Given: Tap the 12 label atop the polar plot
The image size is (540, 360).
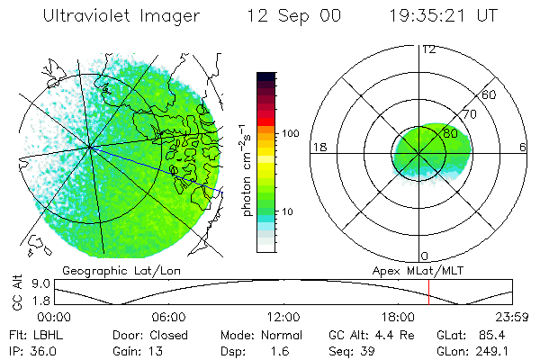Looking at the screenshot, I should coord(428,49).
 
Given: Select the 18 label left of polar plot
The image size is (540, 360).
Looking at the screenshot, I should coord(318,148).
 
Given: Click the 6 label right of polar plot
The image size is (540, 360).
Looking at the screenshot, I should coord(523,148).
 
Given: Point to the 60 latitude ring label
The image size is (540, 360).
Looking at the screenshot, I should coord(490,94).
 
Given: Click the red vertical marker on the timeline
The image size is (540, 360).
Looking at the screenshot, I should coord(429,291).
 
